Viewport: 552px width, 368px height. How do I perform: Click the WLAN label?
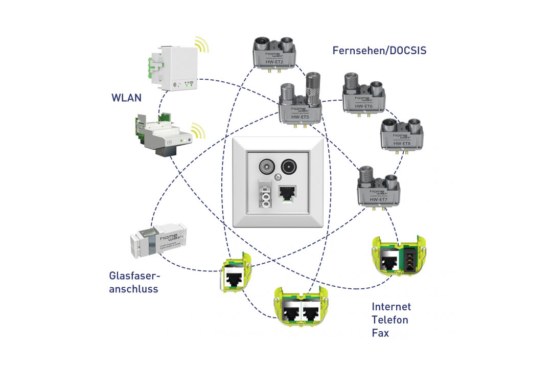point(126,97)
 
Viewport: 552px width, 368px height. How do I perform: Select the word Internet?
point(391,307)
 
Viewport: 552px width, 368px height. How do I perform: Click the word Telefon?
point(390,320)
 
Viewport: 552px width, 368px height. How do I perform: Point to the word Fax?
point(380,333)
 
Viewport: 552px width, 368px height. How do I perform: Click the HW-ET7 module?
point(379,187)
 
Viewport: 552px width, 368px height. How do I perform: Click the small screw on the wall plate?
point(278,177)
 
